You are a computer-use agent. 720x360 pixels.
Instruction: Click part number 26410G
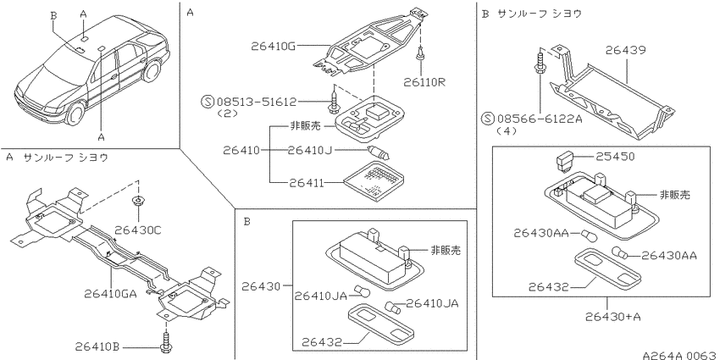pyautogui.click(x=273, y=46)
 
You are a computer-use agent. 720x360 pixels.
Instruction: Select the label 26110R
pyautogui.click(x=424, y=82)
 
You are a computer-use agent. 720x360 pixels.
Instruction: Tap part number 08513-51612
pyautogui.click(x=257, y=102)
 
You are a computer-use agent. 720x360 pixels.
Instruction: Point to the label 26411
pyautogui.click(x=307, y=183)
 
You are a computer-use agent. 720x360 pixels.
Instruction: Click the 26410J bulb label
pyautogui.click(x=309, y=150)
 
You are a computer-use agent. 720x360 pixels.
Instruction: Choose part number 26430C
pyautogui.click(x=138, y=230)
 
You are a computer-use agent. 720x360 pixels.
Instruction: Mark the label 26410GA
pyautogui.click(x=110, y=293)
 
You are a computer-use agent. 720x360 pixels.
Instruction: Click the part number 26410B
pyautogui.click(x=97, y=346)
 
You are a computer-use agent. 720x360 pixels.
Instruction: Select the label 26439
pyautogui.click(x=625, y=50)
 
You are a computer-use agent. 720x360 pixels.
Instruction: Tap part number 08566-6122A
pyautogui.click(x=539, y=119)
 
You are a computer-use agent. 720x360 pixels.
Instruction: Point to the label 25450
pyautogui.click(x=615, y=157)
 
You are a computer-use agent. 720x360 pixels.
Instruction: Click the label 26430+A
pyautogui.click(x=613, y=317)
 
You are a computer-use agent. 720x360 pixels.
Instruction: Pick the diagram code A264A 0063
pyautogui.click(x=680, y=355)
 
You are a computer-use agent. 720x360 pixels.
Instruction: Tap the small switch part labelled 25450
pyautogui.click(x=564, y=161)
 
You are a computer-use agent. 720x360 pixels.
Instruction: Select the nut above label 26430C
pyautogui.click(x=137, y=201)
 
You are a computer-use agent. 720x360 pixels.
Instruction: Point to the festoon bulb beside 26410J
pyautogui.click(x=379, y=153)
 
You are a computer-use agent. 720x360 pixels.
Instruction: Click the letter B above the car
pyautogui.click(x=53, y=15)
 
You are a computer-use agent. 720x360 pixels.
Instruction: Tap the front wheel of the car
pyautogui.click(x=75, y=113)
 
